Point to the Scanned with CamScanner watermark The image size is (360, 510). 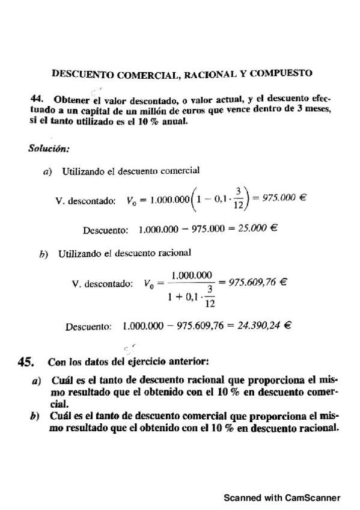282,497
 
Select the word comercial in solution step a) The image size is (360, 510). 178,171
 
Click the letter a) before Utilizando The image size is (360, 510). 48,171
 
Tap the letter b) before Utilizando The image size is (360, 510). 44,254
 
